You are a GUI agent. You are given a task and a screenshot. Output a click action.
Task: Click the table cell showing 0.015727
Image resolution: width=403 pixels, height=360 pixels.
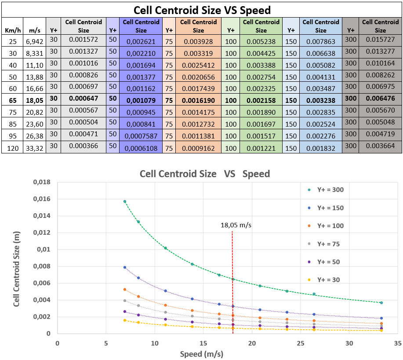(x=380, y=41)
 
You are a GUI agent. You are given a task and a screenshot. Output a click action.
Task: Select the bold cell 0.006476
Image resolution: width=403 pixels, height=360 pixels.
(x=380, y=100)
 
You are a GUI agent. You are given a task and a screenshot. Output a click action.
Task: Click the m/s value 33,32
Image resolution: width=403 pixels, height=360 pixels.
(x=35, y=148)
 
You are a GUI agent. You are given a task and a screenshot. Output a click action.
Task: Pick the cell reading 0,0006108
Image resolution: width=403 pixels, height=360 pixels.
(x=141, y=148)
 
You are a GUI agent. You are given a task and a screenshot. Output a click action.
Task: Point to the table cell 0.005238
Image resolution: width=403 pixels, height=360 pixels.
(x=261, y=42)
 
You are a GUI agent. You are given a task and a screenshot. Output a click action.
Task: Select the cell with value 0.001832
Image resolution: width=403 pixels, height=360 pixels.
(x=321, y=148)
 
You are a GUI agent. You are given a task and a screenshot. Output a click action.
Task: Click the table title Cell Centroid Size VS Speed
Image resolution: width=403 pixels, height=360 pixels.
(x=202, y=10)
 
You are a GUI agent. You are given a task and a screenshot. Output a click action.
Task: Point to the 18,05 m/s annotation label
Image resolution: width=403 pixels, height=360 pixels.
(x=236, y=225)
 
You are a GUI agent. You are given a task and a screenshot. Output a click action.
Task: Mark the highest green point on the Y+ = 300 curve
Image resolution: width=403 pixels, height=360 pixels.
(x=125, y=201)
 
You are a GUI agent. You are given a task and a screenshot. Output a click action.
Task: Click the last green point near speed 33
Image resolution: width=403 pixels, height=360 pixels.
(x=381, y=303)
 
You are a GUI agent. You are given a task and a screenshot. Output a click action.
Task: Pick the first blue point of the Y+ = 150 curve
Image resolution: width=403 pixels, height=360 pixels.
(x=125, y=267)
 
